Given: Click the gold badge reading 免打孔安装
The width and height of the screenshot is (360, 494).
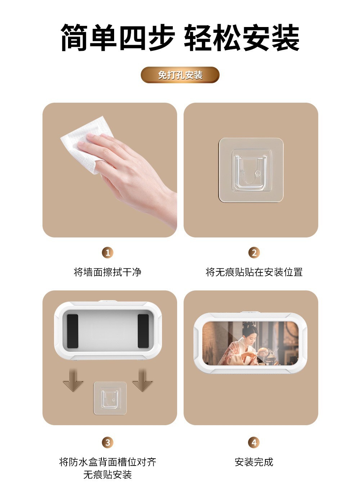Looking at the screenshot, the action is tap(180, 75).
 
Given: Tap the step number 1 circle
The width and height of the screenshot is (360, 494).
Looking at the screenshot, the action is tap(108, 253).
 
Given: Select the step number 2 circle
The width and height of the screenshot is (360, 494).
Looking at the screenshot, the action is tap(254, 253).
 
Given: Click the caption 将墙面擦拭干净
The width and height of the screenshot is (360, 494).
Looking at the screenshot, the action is tap(108, 272).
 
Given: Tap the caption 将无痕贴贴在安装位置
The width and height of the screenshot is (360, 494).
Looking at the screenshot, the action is tap(254, 272).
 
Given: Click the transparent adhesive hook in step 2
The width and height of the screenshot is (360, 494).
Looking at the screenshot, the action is tap(251, 170).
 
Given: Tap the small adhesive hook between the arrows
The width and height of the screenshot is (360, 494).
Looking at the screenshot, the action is tap(110, 398).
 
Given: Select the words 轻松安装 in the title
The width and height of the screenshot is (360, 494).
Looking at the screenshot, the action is tap(242, 37).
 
